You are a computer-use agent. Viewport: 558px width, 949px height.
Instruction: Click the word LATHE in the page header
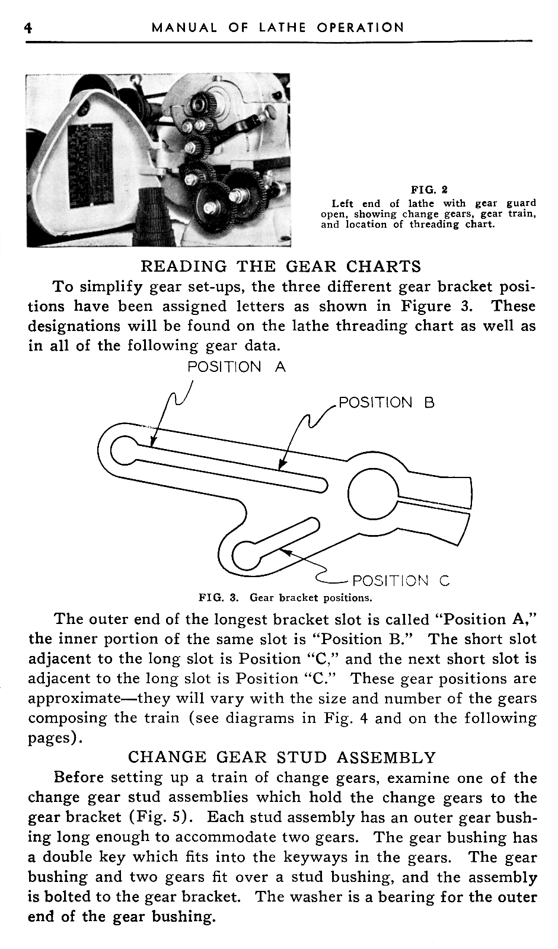click(282, 28)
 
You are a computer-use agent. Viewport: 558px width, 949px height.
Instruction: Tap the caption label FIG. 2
click(429, 190)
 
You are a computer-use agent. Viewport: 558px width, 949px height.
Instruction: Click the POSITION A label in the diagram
click(236, 367)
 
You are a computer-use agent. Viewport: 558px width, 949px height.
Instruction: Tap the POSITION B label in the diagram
click(386, 403)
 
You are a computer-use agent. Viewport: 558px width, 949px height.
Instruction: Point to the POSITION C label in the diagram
click(401, 581)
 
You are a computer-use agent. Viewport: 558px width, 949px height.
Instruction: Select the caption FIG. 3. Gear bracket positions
click(285, 597)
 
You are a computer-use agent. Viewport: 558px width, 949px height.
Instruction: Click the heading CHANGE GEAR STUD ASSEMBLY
click(282, 757)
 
